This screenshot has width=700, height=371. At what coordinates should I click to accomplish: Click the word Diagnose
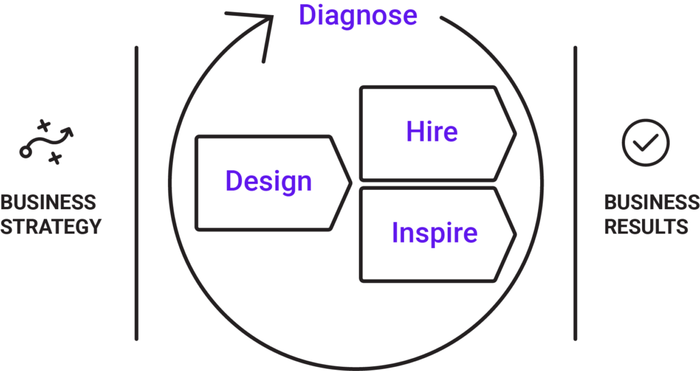[358, 16]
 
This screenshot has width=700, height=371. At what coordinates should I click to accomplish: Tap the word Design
[268, 181]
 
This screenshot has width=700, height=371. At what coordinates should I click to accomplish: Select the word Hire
[432, 131]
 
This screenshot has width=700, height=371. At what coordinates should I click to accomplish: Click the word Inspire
[434, 232]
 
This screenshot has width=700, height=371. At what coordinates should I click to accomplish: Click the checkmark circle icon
[645, 142]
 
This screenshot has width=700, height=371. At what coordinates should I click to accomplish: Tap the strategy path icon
[46, 142]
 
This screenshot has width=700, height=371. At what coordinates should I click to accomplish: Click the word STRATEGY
[51, 226]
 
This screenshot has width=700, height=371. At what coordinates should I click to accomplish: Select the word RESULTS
[646, 226]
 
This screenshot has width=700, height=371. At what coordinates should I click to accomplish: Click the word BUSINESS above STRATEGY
[49, 202]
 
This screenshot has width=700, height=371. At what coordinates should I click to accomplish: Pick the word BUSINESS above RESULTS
[651, 202]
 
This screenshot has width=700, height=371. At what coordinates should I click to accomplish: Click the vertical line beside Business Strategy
[136, 193]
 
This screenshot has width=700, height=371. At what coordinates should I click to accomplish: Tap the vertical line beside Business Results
[575, 193]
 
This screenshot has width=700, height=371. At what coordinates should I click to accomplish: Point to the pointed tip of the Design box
[351, 182]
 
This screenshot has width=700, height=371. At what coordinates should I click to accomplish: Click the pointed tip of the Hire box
[515, 133]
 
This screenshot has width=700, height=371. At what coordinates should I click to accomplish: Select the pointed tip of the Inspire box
[515, 234]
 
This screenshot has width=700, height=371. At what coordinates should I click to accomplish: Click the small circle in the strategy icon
[25, 152]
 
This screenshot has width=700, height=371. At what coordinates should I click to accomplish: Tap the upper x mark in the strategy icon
[43, 125]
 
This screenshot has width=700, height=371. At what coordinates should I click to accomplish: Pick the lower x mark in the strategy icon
[55, 158]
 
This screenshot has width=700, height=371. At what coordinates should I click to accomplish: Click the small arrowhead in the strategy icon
[68, 132]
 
